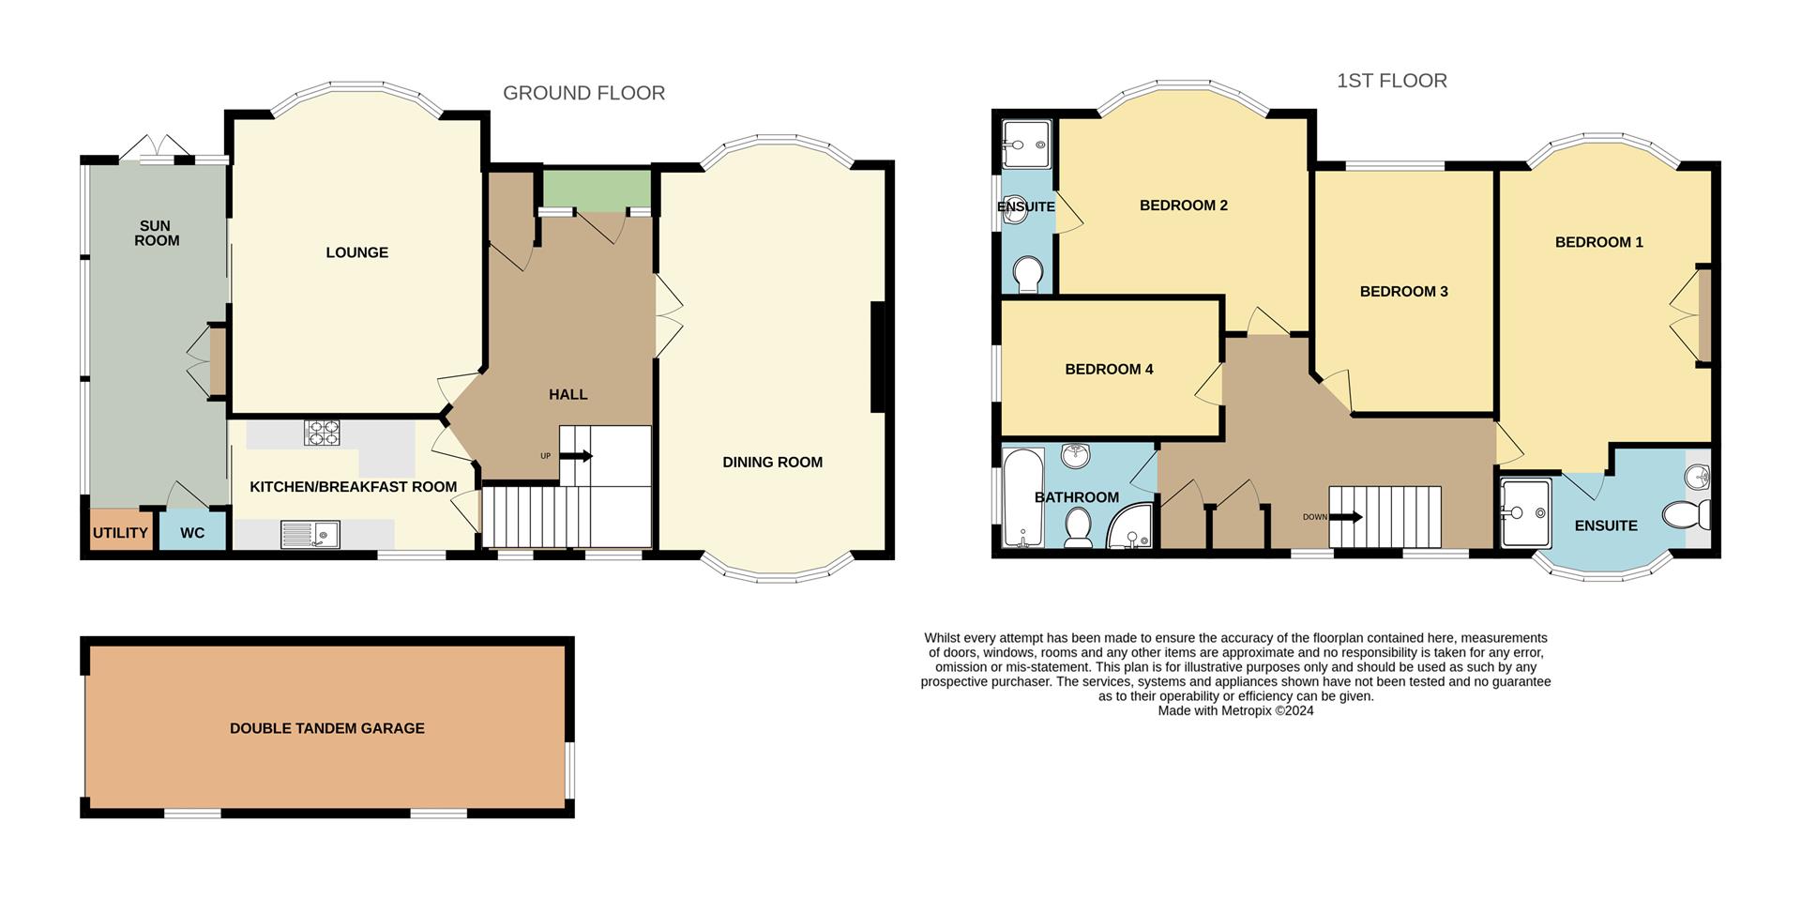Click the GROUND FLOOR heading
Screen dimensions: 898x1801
tap(583, 93)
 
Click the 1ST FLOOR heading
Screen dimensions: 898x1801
tap(1391, 81)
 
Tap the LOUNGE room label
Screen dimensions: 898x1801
tap(356, 252)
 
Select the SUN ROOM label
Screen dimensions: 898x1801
tap(157, 233)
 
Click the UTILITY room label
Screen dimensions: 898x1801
tap(120, 533)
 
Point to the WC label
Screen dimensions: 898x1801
tap(192, 533)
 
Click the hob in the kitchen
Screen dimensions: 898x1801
tap(322, 433)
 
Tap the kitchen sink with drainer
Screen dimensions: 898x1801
tap(310, 535)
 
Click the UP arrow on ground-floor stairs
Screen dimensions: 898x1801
tap(576, 456)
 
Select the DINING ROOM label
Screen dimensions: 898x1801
tap(772, 462)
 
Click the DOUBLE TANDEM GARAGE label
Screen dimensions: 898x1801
tap(326, 728)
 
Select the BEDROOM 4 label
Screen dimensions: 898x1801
tap(1109, 370)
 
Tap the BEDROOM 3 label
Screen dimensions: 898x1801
tap(1403, 292)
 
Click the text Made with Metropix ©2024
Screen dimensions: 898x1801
tap(1235, 711)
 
